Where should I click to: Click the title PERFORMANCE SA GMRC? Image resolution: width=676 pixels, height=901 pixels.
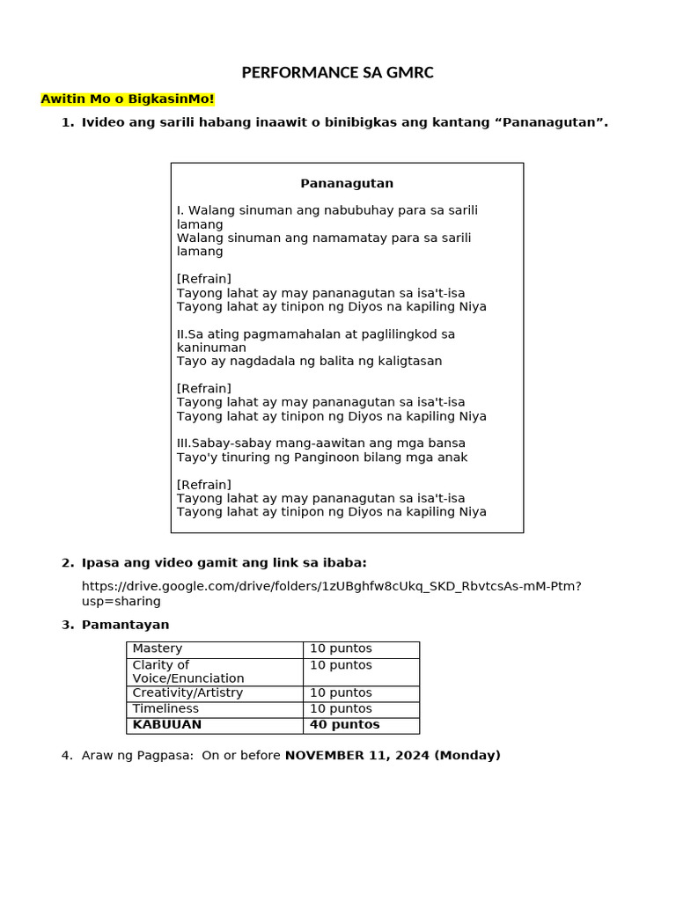click(x=338, y=73)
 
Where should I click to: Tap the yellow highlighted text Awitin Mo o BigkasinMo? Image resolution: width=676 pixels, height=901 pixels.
click(x=128, y=99)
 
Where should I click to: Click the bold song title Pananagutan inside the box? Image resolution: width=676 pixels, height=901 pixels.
click(x=347, y=183)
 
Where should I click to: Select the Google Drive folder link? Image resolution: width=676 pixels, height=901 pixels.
click(x=331, y=593)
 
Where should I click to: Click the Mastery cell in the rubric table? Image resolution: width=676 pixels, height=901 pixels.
click(x=158, y=648)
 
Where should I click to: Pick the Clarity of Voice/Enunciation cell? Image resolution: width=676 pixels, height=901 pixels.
click(x=188, y=671)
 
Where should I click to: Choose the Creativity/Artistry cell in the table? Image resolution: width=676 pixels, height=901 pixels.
click(x=187, y=692)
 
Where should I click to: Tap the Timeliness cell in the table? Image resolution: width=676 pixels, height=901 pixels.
click(x=165, y=708)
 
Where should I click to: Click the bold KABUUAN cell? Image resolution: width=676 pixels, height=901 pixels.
click(x=167, y=725)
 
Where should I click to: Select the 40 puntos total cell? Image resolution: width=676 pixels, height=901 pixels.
click(x=344, y=725)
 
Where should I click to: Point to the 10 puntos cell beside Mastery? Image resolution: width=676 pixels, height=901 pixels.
click(x=341, y=648)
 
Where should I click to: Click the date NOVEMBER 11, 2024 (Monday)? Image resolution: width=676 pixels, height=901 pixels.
click(x=393, y=755)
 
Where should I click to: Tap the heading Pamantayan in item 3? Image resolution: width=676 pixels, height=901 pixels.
click(x=125, y=625)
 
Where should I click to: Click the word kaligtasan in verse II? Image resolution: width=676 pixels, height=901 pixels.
click(x=406, y=361)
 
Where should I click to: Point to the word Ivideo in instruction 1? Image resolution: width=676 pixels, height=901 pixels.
click(x=103, y=122)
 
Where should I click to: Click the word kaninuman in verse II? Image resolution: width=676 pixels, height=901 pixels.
click(x=211, y=348)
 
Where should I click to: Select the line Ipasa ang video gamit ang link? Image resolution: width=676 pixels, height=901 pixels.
click(x=224, y=563)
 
